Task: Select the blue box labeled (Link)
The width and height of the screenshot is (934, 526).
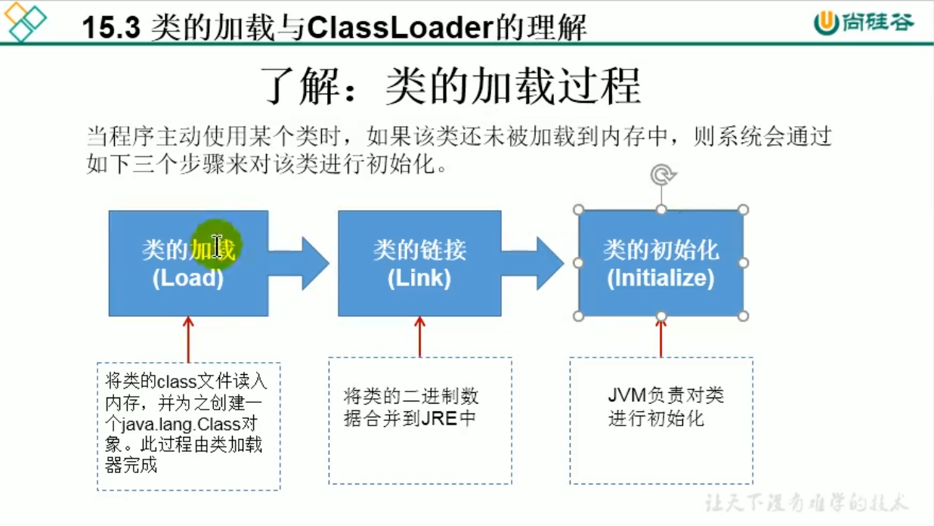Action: (x=419, y=263)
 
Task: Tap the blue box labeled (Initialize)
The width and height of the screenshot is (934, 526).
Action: (x=660, y=263)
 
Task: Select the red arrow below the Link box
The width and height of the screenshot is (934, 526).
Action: (x=419, y=336)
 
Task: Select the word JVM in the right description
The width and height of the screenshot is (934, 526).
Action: (x=626, y=395)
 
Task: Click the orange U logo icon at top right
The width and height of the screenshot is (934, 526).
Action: (x=826, y=23)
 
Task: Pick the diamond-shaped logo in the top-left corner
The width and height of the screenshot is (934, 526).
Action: (x=24, y=21)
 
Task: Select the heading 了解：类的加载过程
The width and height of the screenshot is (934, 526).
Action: (x=452, y=85)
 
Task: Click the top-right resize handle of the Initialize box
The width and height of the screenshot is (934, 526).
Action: (x=744, y=210)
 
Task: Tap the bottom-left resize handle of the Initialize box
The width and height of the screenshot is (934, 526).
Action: (x=579, y=316)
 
